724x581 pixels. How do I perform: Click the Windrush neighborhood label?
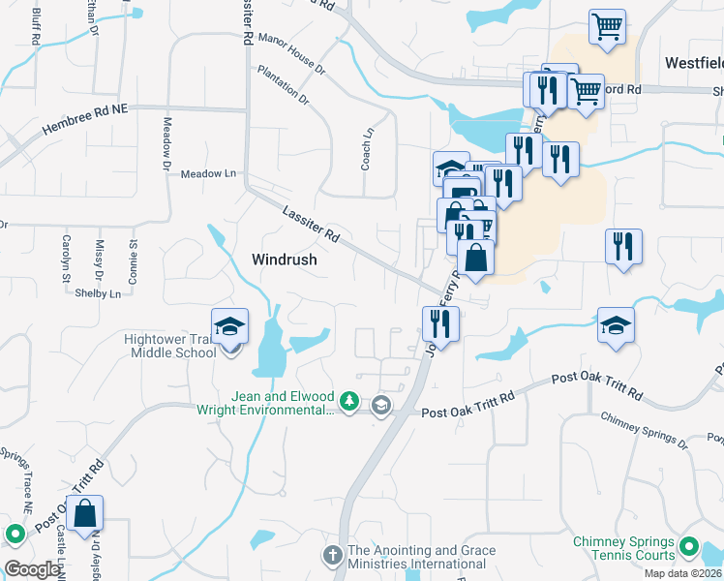click(285, 260)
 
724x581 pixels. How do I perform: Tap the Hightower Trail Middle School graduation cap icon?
click(230, 327)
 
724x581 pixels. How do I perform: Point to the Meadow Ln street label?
click(208, 173)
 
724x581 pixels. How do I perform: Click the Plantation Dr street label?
click(284, 85)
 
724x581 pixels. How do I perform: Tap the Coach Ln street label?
click(368, 150)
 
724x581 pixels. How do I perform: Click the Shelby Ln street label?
click(100, 293)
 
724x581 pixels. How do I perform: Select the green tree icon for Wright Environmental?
click(350, 401)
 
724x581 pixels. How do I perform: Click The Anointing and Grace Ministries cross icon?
click(332, 556)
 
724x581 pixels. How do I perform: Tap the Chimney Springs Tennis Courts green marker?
click(689, 548)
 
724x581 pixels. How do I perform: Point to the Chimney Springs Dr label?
click(644, 430)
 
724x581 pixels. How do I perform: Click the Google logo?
click(32, 569)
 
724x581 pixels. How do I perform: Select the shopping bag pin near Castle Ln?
click(85, 515)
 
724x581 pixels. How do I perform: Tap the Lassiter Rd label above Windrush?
click(311, 223)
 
